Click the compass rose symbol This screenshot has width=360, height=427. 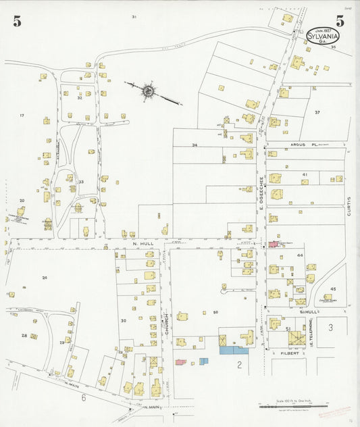point(147,90)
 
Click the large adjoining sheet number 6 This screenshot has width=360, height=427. point(84,398)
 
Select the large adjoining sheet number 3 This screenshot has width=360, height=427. point(330,327)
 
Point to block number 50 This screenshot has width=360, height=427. point(215,311)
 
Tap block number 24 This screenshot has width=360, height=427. point(45,278)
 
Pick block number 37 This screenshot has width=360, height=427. point(316,111)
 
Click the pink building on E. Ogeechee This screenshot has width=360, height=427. point(274,244)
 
